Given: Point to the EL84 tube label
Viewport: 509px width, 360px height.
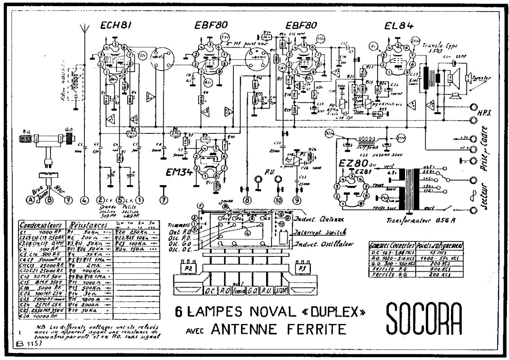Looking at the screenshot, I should point(398,26).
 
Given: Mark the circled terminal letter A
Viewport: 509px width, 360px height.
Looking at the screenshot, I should point(30,199).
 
